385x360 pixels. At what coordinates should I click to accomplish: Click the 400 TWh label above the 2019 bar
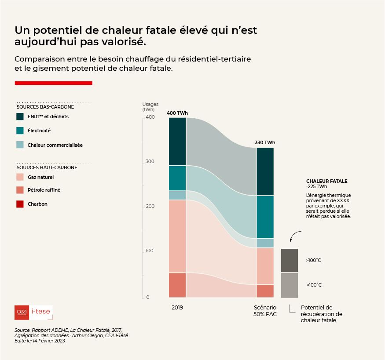pyautogui.click(x=177, y=113)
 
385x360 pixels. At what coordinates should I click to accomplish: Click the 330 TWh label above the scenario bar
pyautogui.click(x=265, y=142)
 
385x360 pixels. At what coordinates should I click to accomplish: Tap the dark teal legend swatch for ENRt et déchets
pyautogui.click(x=20, y=116)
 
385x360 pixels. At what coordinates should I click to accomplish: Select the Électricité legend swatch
pyautogui.click(x=20, y=131)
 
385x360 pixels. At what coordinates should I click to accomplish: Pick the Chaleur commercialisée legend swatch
pyautogui.click(x=20, y=145)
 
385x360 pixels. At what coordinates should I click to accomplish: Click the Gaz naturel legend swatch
pyautogui.click(x=20, y=177)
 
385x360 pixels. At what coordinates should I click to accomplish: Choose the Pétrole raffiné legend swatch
pyautogui.click(x=20, y=190)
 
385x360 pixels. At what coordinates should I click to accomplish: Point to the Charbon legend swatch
pyautogui.click(x=20, y=204)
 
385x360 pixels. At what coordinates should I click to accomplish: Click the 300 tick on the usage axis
pyautogui.click(x=150, y=162)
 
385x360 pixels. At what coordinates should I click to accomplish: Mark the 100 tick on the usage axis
pyautogui.click(x=150, y=251)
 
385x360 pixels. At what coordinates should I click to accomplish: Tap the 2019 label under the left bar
pyautogui.click(x=177, y=308)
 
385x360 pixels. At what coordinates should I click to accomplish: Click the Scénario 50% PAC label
pyautogui.click(x=265, y=311)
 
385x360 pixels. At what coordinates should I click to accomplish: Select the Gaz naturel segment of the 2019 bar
pyautogui.click(x=177, y=236)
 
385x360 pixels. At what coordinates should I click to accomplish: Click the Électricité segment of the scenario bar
pyautogui.click(x=265, y=217)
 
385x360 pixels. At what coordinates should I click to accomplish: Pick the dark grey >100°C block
pyautogui.click(x=290, y=260)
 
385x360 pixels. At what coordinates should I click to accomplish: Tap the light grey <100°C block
pyautogui.click(x=290, y=285)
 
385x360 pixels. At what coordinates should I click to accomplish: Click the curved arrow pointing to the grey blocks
pyautogui.click(x=295, y=236)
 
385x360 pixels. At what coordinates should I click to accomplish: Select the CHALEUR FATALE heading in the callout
pyautogui.click(x=326, y=181)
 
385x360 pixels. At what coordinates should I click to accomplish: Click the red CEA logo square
pyautogui.click(x=22, y=312)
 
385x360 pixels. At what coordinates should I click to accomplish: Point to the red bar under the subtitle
pyautogui.click(x=53, y=83)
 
